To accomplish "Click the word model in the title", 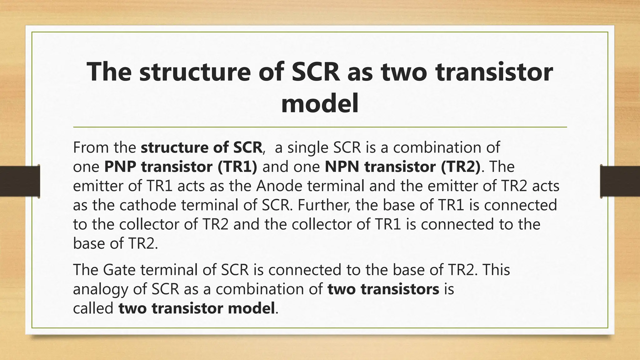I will click(x=320, y=104).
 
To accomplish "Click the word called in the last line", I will click(x=93, y=309).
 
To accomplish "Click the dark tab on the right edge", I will click(x=620, y=181).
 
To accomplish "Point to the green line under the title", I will click(x=320, y=127).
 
